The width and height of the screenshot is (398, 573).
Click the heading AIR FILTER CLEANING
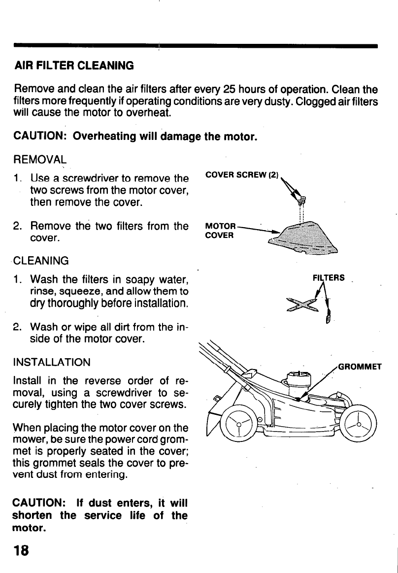coord(74,65)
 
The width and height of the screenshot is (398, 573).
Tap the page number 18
coord(22,550)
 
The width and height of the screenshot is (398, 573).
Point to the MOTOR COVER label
coord(220,231)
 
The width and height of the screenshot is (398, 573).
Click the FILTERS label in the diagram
coord(329,277)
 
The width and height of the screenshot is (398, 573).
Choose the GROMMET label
coord(360,367)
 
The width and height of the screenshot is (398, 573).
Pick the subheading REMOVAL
coord(40,159)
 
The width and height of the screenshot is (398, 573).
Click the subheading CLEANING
coord(42,260)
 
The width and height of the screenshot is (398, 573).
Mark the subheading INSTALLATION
coord(53,362)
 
